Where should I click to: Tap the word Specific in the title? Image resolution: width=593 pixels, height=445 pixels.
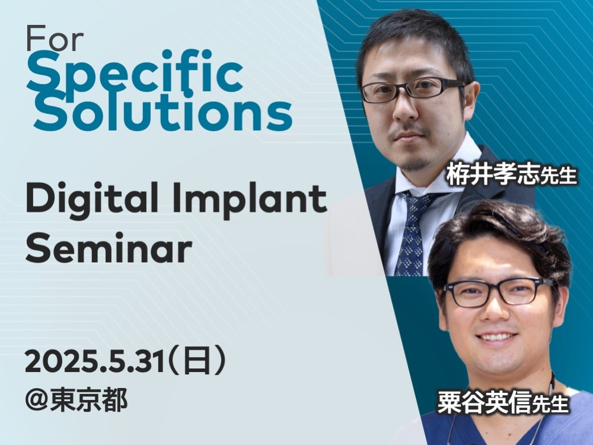click(x=135, y=74)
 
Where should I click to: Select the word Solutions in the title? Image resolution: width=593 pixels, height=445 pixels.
click(x=162, y=110)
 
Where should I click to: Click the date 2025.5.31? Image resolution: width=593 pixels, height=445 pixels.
click(x=94, y=361)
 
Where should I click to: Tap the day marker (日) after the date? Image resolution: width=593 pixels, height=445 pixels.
click(x=197, y=361)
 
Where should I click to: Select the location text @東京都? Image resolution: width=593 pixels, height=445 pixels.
click(x=76, y=401)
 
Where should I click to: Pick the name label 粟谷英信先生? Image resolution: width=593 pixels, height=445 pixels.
click(x=503, y=403)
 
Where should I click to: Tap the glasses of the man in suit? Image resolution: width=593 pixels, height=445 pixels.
click(x=413, y=90)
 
